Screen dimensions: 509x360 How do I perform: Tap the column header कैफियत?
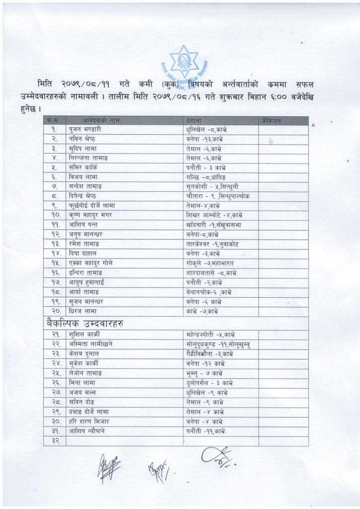click(270, 120)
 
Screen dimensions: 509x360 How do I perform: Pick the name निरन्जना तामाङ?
click(89, 158)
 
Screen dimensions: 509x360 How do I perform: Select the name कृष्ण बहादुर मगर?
click(90, 215)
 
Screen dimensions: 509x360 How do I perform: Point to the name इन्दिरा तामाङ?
click(87, 272)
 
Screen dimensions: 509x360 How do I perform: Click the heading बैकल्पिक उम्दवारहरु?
click(83, 324)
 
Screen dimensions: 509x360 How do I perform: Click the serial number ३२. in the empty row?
click(55, 441)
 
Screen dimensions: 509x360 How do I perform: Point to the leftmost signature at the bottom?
click(109, 468)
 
